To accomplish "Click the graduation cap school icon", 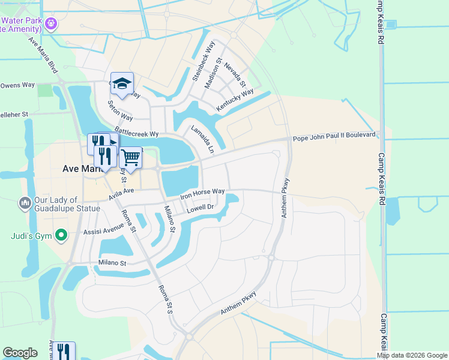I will point(122,85).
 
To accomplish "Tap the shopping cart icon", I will point(130,158).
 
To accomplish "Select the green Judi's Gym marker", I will point(61,235).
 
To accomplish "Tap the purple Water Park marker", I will point(51,23).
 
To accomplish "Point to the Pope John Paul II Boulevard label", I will point(336,137).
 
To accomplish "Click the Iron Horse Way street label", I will point(203,194).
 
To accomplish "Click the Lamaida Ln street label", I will point(202,139).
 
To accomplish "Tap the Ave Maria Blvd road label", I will point(43,54).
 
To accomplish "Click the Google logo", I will point(20,353).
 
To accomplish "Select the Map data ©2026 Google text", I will point(412,355).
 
